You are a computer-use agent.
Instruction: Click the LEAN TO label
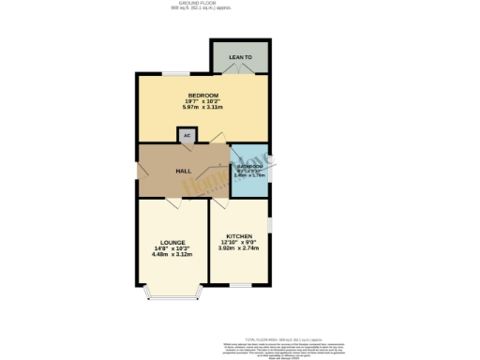pyautogui.click(x=241, y=58)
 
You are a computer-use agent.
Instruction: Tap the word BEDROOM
pyautogui.click(x=203, y=96)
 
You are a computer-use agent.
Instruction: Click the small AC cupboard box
pyautogui.click(x=187, y=136)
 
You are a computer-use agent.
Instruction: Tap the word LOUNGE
pyautogui.click(x=172, y=242)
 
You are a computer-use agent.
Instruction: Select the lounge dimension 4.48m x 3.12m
pyautogui.click(x=172, y=254)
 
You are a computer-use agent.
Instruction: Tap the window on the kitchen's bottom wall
pyautogui.click(x=241, y=285)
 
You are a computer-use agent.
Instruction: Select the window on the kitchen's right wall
pyautogui.click(x=269, y=226)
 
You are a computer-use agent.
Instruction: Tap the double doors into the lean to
pyautogui.click(x=241, y=74)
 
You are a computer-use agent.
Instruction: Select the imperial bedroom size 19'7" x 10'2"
pyautogui.click(x=203, y=101)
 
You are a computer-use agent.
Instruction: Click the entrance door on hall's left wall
pyautogui.click(x=139, y=172)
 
